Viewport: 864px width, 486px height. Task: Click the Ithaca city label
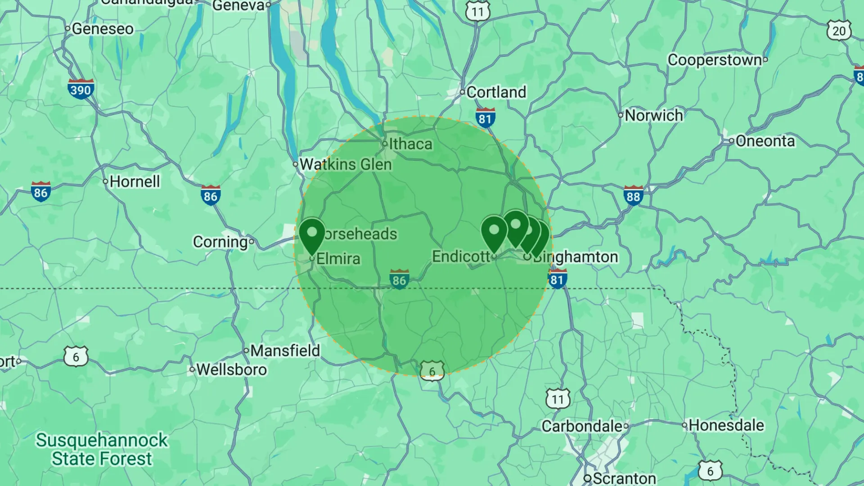click(x=410, y=144)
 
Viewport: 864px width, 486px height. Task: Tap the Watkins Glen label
click(x=346, y=165)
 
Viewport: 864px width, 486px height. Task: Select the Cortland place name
click(x=496, y=92)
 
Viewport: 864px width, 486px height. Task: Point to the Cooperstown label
click(x=715, y=60)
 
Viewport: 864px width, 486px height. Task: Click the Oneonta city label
click(x=765, y=141)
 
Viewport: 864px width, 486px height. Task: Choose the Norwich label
click(x=653, y=116)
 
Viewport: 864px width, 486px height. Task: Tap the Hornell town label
click(x=135, y=182)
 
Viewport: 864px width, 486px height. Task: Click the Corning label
click(x=220, y=242)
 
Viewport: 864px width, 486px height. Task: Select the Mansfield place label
click(x=285, y=351)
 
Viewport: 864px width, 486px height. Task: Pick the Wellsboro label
click(x=232, y=370)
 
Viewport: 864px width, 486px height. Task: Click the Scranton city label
click(x=624, y=478)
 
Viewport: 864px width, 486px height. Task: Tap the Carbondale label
click(x=582, y=426)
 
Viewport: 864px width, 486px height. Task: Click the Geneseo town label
click(x=103, y=29)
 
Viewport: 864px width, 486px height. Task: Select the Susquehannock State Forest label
click(x=102, y=450)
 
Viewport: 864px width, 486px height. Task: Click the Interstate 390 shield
click(x=81, y=89)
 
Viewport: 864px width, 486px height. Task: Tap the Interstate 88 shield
click(x=633, y=196)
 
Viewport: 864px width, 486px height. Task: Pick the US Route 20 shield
click(x=839, y=31)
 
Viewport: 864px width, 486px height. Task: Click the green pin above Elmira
click(x=312, y=234)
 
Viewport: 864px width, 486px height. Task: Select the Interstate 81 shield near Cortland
click(x=485, y=118)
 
